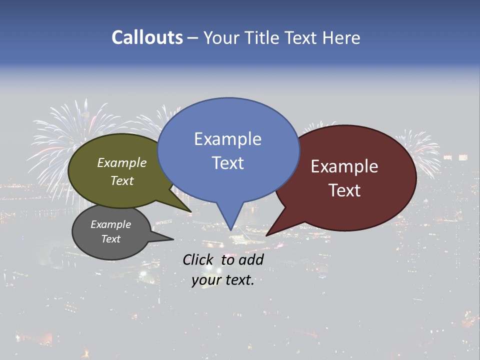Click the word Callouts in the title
coord(147,37)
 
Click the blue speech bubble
coord(228,180)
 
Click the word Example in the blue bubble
coord(228,139)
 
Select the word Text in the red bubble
coord(345,190)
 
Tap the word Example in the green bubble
coord(122,163)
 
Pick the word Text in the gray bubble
coord(111,239)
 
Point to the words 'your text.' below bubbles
coord(223,280)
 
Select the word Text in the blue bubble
coord(228,163)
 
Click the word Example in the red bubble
coord(344,166)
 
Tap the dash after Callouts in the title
coord(193,37)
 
